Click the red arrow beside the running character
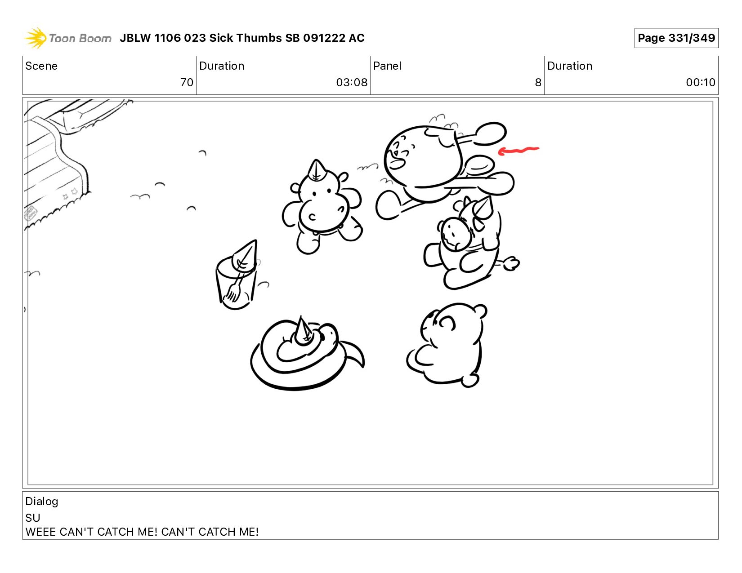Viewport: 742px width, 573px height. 518,150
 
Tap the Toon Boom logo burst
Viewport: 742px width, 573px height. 36,38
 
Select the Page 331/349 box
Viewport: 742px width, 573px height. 676,38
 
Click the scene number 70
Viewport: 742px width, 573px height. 187,82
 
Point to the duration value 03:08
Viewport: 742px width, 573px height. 352,82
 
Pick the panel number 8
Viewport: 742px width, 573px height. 538,82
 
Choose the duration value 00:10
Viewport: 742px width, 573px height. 701,82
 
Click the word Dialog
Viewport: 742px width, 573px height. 42,502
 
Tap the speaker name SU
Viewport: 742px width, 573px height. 33,518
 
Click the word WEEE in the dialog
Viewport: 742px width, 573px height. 40,532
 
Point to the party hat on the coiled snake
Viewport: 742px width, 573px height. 303,330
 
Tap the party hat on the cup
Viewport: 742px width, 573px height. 245,256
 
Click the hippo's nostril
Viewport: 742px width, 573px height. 312,217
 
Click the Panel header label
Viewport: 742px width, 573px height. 387,66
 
